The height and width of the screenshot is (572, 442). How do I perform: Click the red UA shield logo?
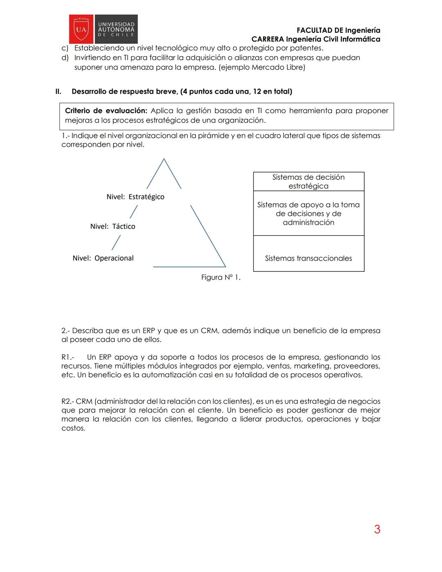pos(81,29)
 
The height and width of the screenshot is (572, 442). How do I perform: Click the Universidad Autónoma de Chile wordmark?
pos(116,29)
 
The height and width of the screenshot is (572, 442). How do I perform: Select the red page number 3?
pos(377,529)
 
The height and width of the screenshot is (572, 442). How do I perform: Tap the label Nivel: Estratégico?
pos(135,197)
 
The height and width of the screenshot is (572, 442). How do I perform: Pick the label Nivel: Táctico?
pos(113,226)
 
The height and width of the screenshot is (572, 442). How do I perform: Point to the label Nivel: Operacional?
pos(103,258)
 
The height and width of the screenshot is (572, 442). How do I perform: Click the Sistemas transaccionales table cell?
pos(308,258)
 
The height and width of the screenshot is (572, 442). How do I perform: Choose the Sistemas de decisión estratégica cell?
pos(308,181)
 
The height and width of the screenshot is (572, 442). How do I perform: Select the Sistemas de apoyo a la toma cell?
pos(308,213)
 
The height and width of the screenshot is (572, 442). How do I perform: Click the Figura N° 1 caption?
pos(221,278)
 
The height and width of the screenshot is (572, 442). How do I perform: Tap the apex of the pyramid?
pos(164,159)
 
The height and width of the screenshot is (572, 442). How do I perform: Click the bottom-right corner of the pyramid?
pos(225,267)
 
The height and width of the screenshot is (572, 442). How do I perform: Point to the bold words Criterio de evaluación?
pos(106,111)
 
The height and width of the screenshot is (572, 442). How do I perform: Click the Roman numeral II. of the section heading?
pos(59,91)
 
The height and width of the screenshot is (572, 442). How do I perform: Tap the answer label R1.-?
pos(68,357)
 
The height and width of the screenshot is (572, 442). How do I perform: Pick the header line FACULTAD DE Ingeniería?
pos(338,30)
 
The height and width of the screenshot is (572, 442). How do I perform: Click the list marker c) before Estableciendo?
pos(65,48)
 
